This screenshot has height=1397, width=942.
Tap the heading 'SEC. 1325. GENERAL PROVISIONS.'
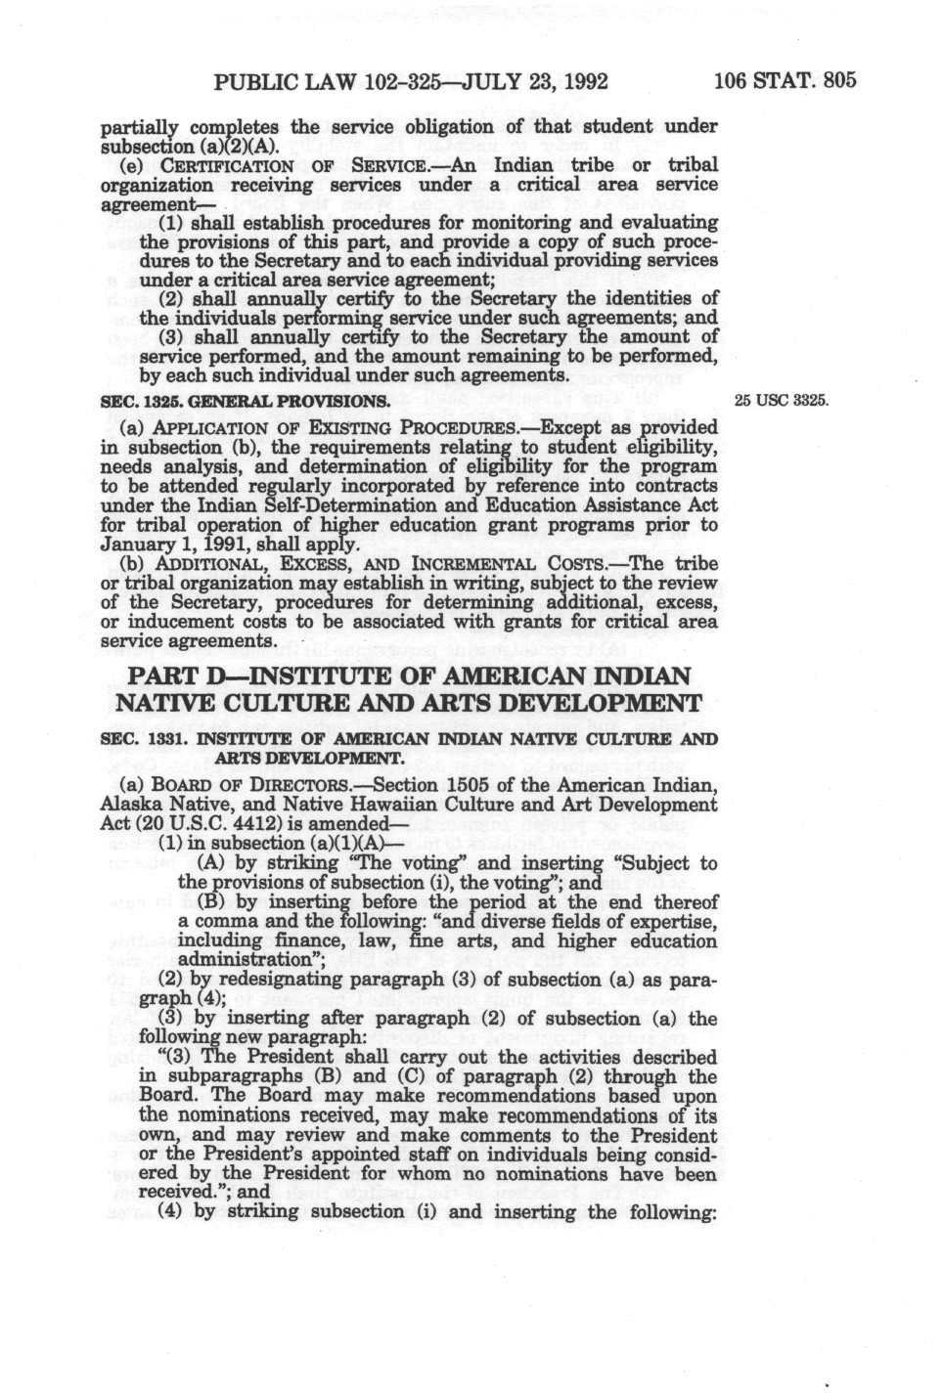pos(246,401)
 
